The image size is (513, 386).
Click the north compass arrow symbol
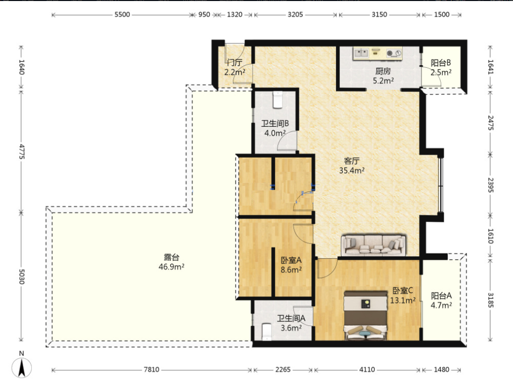22,368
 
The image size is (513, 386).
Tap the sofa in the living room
374,245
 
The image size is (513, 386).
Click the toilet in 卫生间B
277,100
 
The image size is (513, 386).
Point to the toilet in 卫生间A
267,332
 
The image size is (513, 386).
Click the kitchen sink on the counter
361,53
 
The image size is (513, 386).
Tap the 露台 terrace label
171,257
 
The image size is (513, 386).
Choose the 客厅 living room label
352,161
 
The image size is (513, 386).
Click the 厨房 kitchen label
383,71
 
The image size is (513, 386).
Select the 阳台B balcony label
441,63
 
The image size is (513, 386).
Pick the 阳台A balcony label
441,296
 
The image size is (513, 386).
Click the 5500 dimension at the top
122,14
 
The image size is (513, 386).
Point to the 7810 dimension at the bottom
152,370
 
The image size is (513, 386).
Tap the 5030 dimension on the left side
21,277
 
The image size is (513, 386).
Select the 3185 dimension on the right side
490,300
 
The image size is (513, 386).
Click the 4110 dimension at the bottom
367,370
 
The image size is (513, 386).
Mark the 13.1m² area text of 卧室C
403,300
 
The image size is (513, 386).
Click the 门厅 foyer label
234,62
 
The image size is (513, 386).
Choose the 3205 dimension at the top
295,14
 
